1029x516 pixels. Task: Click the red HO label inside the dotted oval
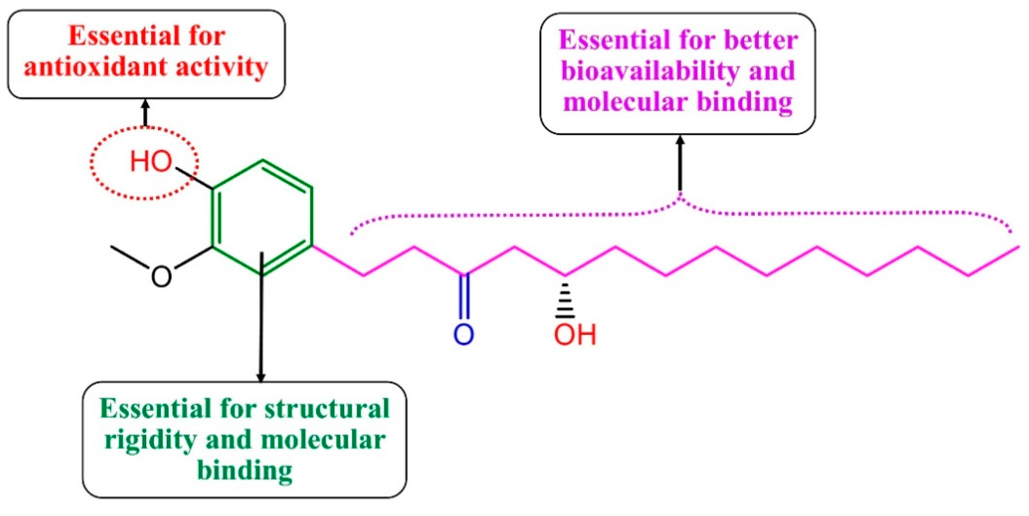click(x=151, y=162)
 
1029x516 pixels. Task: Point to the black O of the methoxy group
click(x=161, y=276)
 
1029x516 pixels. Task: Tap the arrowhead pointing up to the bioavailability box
click(x=680, y=141)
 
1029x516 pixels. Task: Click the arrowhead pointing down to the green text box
click(x=260, y=377)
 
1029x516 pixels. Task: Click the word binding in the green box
click(x=245, y=470)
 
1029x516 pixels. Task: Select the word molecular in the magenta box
click(x=625, y=101)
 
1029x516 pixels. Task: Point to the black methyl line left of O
click(x=131, y=260)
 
